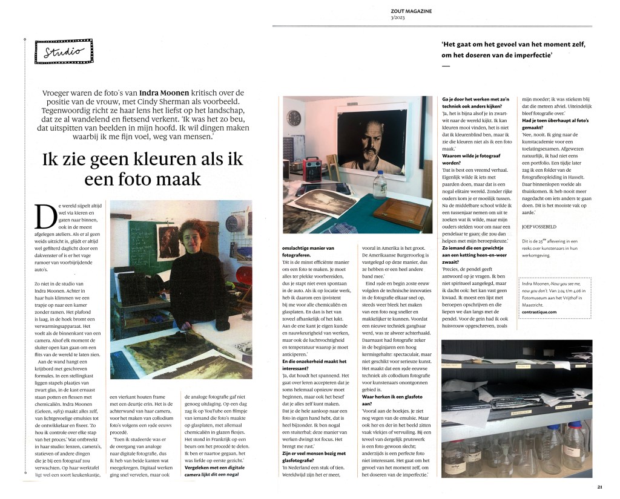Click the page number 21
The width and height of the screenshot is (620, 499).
point(599,486)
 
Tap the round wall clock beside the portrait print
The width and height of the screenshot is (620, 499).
point(294,117)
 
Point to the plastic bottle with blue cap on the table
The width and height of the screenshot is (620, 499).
point(380,184)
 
